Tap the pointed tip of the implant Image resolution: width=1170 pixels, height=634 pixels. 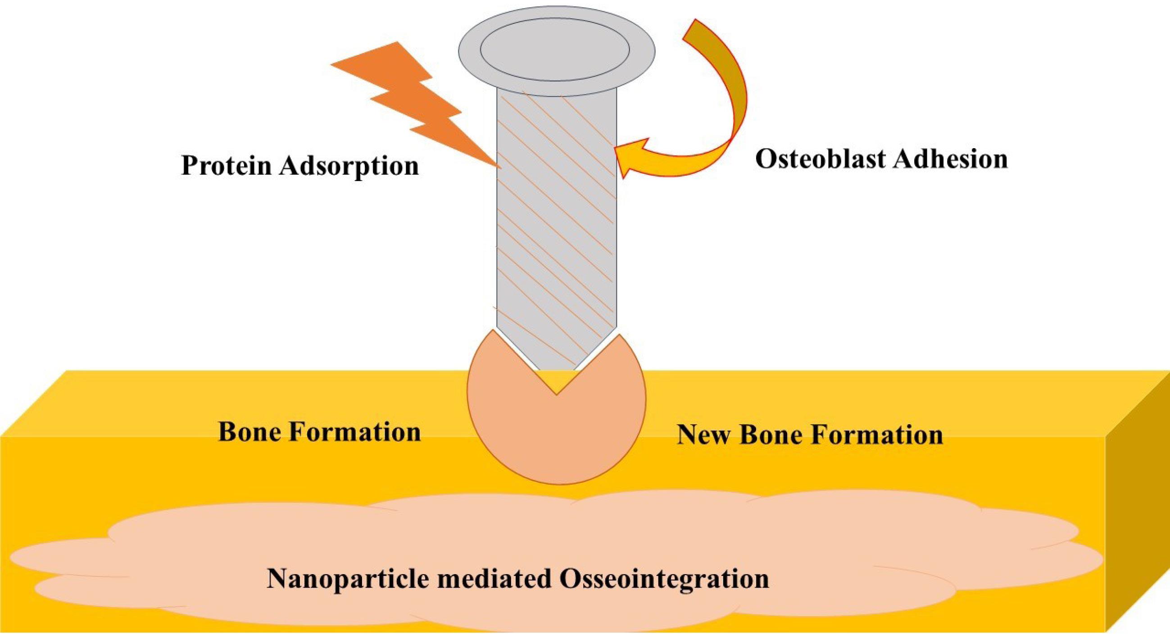pos(557,394)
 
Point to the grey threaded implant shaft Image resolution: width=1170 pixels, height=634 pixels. pos(556,227)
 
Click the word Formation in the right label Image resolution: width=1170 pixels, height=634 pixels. pos(877,435)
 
